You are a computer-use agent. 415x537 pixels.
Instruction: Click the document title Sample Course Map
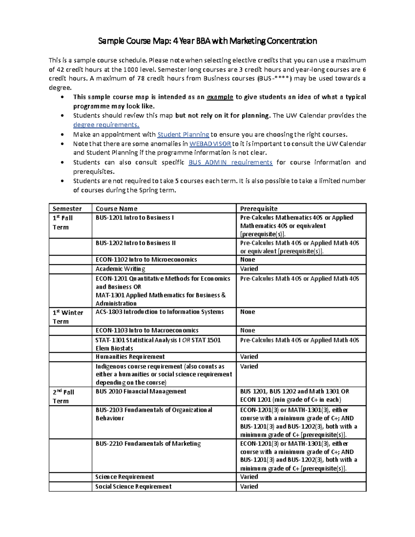(207, 41)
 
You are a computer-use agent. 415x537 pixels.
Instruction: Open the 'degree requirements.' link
(106, 125)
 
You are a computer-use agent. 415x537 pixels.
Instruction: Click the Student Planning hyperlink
(183, 135)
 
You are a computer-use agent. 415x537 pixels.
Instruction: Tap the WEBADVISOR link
(210, 144)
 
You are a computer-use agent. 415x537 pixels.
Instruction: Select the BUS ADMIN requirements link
(230, 163)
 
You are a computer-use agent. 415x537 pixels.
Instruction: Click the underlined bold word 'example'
(220, 97)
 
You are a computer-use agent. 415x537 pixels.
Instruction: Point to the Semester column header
(67, 209)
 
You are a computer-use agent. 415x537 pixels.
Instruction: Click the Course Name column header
(117, 209)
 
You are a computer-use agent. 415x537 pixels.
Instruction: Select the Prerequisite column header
(259, 209)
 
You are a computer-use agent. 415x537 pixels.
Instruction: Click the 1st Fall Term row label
(63, 222)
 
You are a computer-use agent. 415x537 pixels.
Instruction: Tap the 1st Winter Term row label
(68, 317)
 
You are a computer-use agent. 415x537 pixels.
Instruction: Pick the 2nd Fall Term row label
(63, 396)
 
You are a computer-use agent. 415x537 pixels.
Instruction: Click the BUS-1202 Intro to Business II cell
(136, 243)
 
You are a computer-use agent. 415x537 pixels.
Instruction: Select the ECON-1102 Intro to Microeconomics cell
(146, 260)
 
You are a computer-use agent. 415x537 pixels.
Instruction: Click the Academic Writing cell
(120, 269)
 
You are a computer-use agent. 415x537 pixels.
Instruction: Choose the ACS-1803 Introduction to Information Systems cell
(160, 312)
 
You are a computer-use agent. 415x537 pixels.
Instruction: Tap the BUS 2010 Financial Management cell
(141, 391)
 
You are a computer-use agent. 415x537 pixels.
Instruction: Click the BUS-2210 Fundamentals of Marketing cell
(148, 444)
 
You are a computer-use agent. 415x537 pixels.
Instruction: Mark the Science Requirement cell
(124, 477)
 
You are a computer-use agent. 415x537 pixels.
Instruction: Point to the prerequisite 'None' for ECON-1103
(248, 331)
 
